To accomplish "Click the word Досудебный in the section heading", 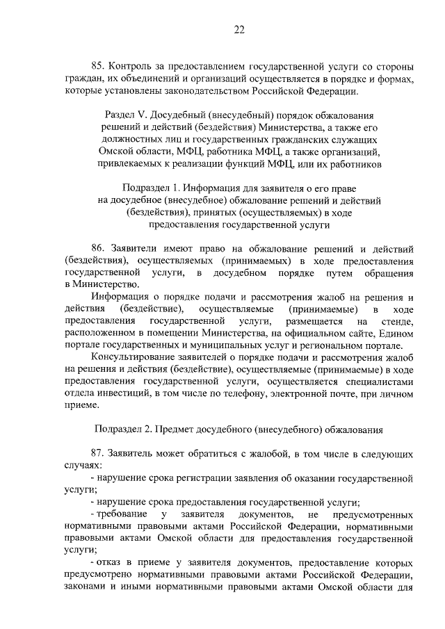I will coord(175,115).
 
